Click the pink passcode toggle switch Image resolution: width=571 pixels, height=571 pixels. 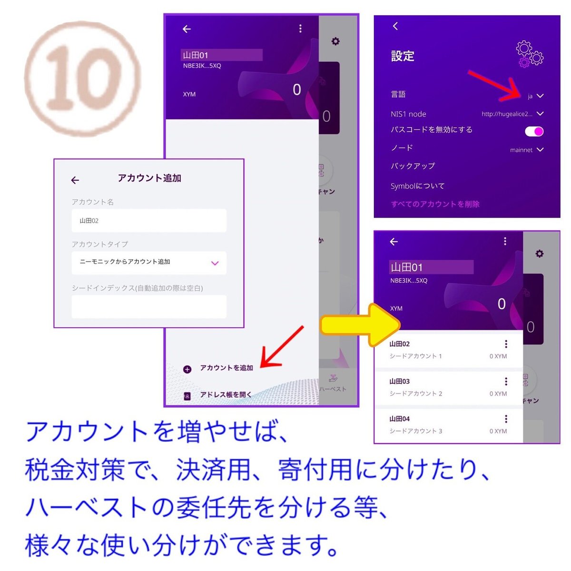tap(534, 131)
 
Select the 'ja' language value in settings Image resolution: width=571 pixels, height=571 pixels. tap(530, 96)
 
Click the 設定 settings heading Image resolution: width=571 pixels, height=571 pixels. tap(403, 56)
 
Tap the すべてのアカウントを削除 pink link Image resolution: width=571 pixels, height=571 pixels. tap(435, 204)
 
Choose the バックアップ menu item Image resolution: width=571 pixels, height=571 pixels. tap(413, 166)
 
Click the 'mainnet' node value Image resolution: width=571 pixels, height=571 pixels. tap(522, 150)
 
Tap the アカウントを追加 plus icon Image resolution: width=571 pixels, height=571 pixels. tap(187, 369)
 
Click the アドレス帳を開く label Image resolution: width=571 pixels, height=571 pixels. tap(226, 394)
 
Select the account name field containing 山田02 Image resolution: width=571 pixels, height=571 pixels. tap(149, 221)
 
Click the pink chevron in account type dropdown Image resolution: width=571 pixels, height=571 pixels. tap(215, 263)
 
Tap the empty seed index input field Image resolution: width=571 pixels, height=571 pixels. tap(149, 306)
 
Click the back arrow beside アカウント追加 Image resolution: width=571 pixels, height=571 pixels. tap(75, 180)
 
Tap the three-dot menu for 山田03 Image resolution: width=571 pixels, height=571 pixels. tap(506, 382)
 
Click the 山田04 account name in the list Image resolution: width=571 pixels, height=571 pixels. tap(399, 419)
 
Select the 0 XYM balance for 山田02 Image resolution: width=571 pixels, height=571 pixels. tap(498, 356)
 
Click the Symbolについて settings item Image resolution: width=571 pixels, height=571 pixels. tap(417, 186)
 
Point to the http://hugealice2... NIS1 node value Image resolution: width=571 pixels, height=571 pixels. tap(507, 114)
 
